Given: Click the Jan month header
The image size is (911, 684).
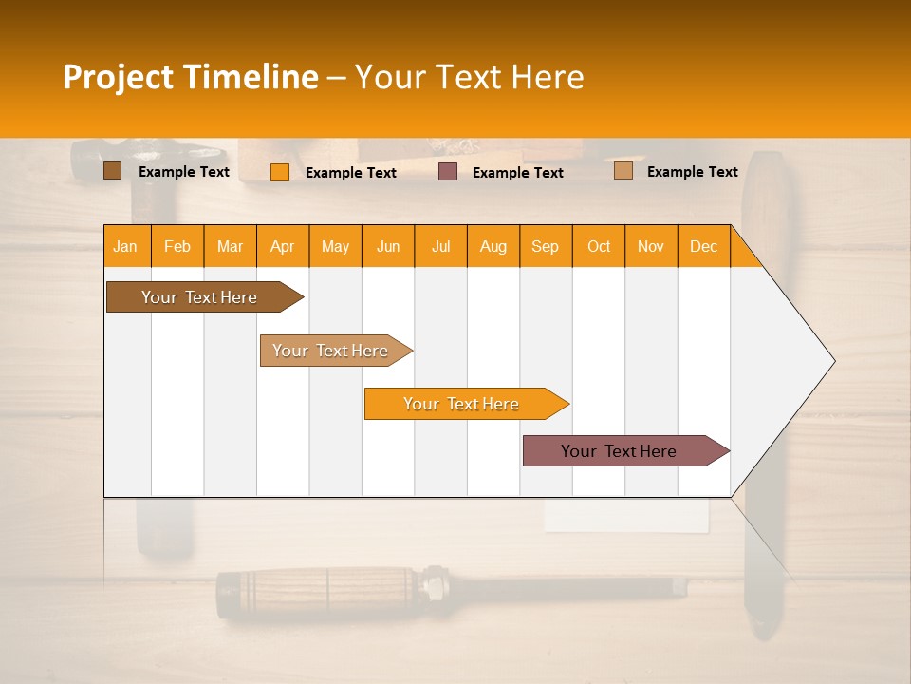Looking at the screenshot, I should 125,247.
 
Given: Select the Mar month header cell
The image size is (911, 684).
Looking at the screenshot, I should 230,247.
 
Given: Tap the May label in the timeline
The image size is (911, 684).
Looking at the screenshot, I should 335,247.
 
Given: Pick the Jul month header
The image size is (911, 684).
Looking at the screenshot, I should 440,247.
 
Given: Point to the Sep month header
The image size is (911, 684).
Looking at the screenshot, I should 545,247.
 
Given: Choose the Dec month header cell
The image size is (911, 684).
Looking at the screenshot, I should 703,247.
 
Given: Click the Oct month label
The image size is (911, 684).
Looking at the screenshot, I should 598,247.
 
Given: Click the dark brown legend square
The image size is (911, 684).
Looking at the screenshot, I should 112,171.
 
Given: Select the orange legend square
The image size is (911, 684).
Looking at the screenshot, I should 279,172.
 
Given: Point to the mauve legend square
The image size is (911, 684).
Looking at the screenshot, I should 448,172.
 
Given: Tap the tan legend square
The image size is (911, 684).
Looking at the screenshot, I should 623,171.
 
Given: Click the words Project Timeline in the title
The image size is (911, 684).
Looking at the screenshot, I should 190,77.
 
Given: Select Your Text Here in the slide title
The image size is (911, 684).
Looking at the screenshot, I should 469,77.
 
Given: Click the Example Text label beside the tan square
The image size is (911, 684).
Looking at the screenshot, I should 692,172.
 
